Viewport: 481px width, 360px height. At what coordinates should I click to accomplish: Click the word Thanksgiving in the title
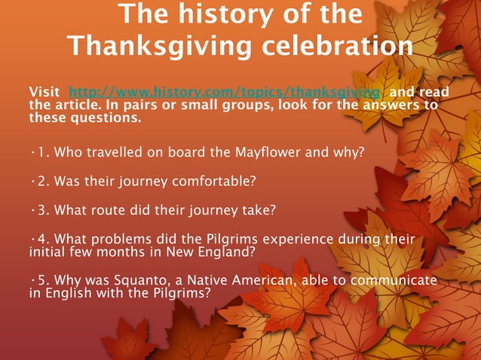click(x=161, y=47)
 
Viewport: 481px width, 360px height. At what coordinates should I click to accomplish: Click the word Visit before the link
click(x=43, y=92)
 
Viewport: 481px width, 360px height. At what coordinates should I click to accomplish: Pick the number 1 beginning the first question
click(x=40, y=152)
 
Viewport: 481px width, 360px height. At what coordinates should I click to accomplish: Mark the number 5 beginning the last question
click(x=40, y=280)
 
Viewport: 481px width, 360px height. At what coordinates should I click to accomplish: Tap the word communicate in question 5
click(x=395, y=280)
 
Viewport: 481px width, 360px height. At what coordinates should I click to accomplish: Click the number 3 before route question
click(x=40, y=210)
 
